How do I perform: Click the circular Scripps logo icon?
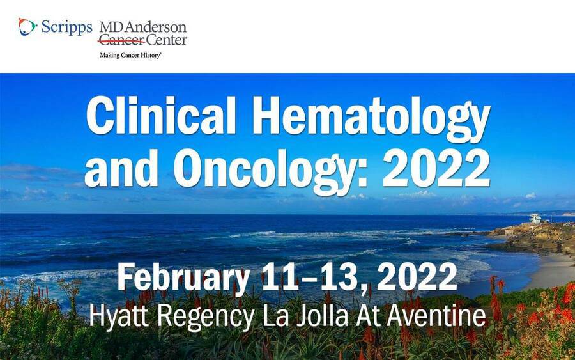[27, 27]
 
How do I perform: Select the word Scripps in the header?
[66, 27]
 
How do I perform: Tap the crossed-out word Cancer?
[121, 40]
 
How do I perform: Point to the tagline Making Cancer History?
[130, 56]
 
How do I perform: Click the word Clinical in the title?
[160, 116]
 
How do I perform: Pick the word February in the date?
[184, 279]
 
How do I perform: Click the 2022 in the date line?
[417, 277]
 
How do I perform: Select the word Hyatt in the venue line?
[119, 316]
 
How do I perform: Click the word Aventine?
[436, 316]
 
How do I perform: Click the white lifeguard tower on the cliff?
[535, 219]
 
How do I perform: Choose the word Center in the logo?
[167, 40]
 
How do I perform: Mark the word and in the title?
[121, 169]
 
